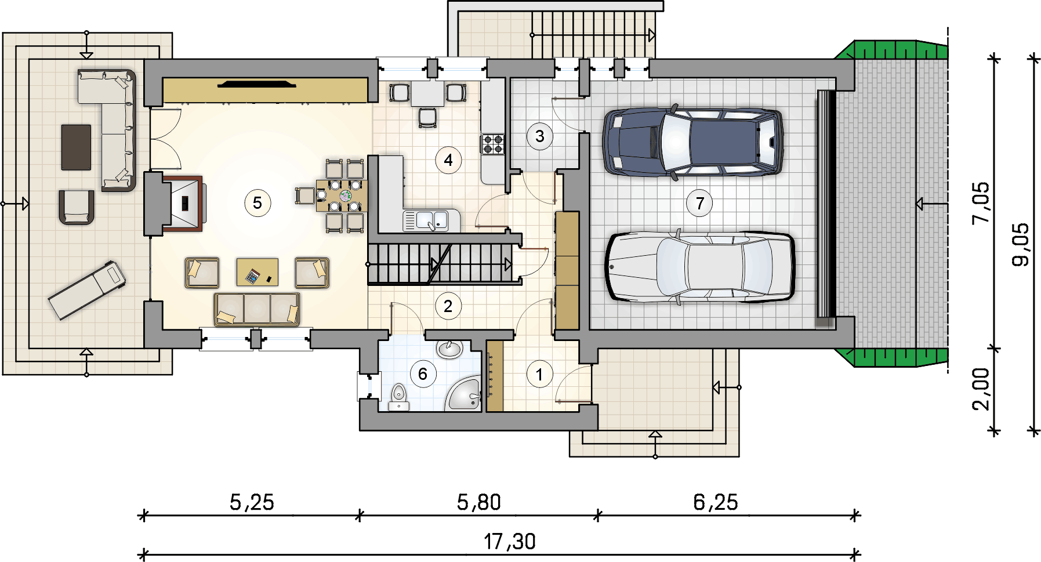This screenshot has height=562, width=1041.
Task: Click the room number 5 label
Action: tap(257, 203)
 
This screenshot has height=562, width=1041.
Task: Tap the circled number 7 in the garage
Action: tap(700, 204)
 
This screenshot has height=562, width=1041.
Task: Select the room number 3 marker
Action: tap(540, 136)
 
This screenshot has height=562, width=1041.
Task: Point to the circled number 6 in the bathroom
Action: tap(423, 374)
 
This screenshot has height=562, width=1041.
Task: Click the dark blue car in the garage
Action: tap(693, 142)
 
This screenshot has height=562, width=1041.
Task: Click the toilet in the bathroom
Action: tap(398, 397)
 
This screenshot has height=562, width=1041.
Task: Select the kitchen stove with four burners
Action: tap(492, 144)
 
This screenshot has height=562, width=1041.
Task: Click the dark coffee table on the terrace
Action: tap(76, 147)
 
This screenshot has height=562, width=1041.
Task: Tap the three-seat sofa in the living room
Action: tap(257, 309)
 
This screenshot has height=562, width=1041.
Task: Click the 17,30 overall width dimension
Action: tap(510, 542)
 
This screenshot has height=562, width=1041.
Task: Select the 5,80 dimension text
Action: tap(479, 502)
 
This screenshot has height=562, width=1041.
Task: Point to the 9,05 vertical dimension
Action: tap(1021, 245)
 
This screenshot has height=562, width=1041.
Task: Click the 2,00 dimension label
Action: tap(981, 389)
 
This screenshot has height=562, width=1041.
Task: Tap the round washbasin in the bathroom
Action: tap(449, 349)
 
